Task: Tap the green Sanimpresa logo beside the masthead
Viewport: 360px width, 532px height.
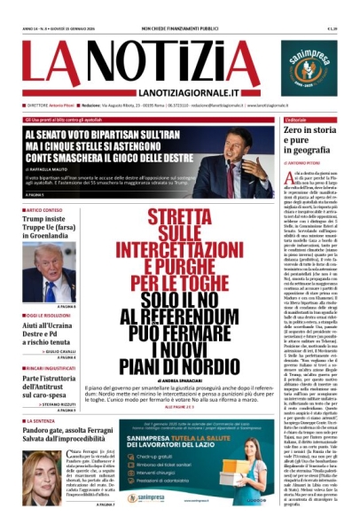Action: click(310, 65)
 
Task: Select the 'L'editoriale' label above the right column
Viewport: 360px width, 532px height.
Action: click(295, 118)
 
